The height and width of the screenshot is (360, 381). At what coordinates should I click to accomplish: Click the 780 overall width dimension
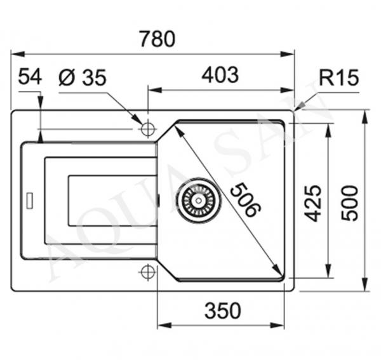point(157,39)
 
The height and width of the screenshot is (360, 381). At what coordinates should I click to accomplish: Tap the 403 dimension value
point(220,75)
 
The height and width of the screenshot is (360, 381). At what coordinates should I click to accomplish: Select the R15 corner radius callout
point(338,77)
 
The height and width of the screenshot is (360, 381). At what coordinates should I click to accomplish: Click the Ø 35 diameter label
point(83,77)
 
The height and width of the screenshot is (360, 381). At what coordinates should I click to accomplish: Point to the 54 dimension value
point(30,76)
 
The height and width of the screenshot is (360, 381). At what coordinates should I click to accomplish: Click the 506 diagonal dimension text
point(246,200)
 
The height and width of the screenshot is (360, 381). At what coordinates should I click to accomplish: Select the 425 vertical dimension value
point(313,203)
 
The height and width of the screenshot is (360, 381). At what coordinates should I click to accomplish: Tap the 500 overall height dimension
point(349,203)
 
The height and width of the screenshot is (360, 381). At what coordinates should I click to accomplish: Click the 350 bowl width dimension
point(223,310)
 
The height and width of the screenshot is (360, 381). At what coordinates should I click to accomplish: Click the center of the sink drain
point(199,201)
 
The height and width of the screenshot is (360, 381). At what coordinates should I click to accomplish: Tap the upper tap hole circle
point(148,129)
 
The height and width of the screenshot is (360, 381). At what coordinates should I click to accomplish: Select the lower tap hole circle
point(148,272)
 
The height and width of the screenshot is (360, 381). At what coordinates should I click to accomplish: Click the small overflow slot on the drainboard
point(30,201)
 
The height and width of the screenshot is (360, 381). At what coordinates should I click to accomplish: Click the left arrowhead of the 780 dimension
point(18,54)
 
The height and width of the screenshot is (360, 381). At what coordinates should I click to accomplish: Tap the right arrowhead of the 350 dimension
point(277,326)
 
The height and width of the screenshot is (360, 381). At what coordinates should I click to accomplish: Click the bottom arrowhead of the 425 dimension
point(328,270)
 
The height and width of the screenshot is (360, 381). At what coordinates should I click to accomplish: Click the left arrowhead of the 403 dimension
point(156,90)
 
